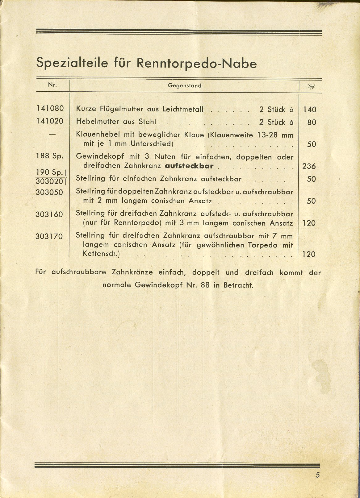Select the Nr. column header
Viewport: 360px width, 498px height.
coord(52,85)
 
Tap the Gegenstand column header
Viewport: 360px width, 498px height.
coord(184,85)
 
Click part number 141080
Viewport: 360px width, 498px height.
coord(50,109)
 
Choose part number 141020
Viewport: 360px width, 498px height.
coord(50,121)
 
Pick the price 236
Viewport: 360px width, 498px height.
coord(309,166)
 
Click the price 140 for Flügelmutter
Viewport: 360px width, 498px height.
coord(309,110)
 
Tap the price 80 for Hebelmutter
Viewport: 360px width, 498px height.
coord(312,122)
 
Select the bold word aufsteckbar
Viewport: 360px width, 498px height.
coord(189,166)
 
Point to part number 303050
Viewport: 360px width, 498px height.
coord(49,193)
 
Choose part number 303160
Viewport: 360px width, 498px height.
coord(49,214)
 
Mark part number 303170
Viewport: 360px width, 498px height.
coord(49,237)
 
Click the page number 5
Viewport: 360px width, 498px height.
coord(318,484)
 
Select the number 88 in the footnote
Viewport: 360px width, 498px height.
coord(205,285)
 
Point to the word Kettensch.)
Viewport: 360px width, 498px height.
coord(101,254)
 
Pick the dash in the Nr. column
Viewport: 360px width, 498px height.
coord(52,134)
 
